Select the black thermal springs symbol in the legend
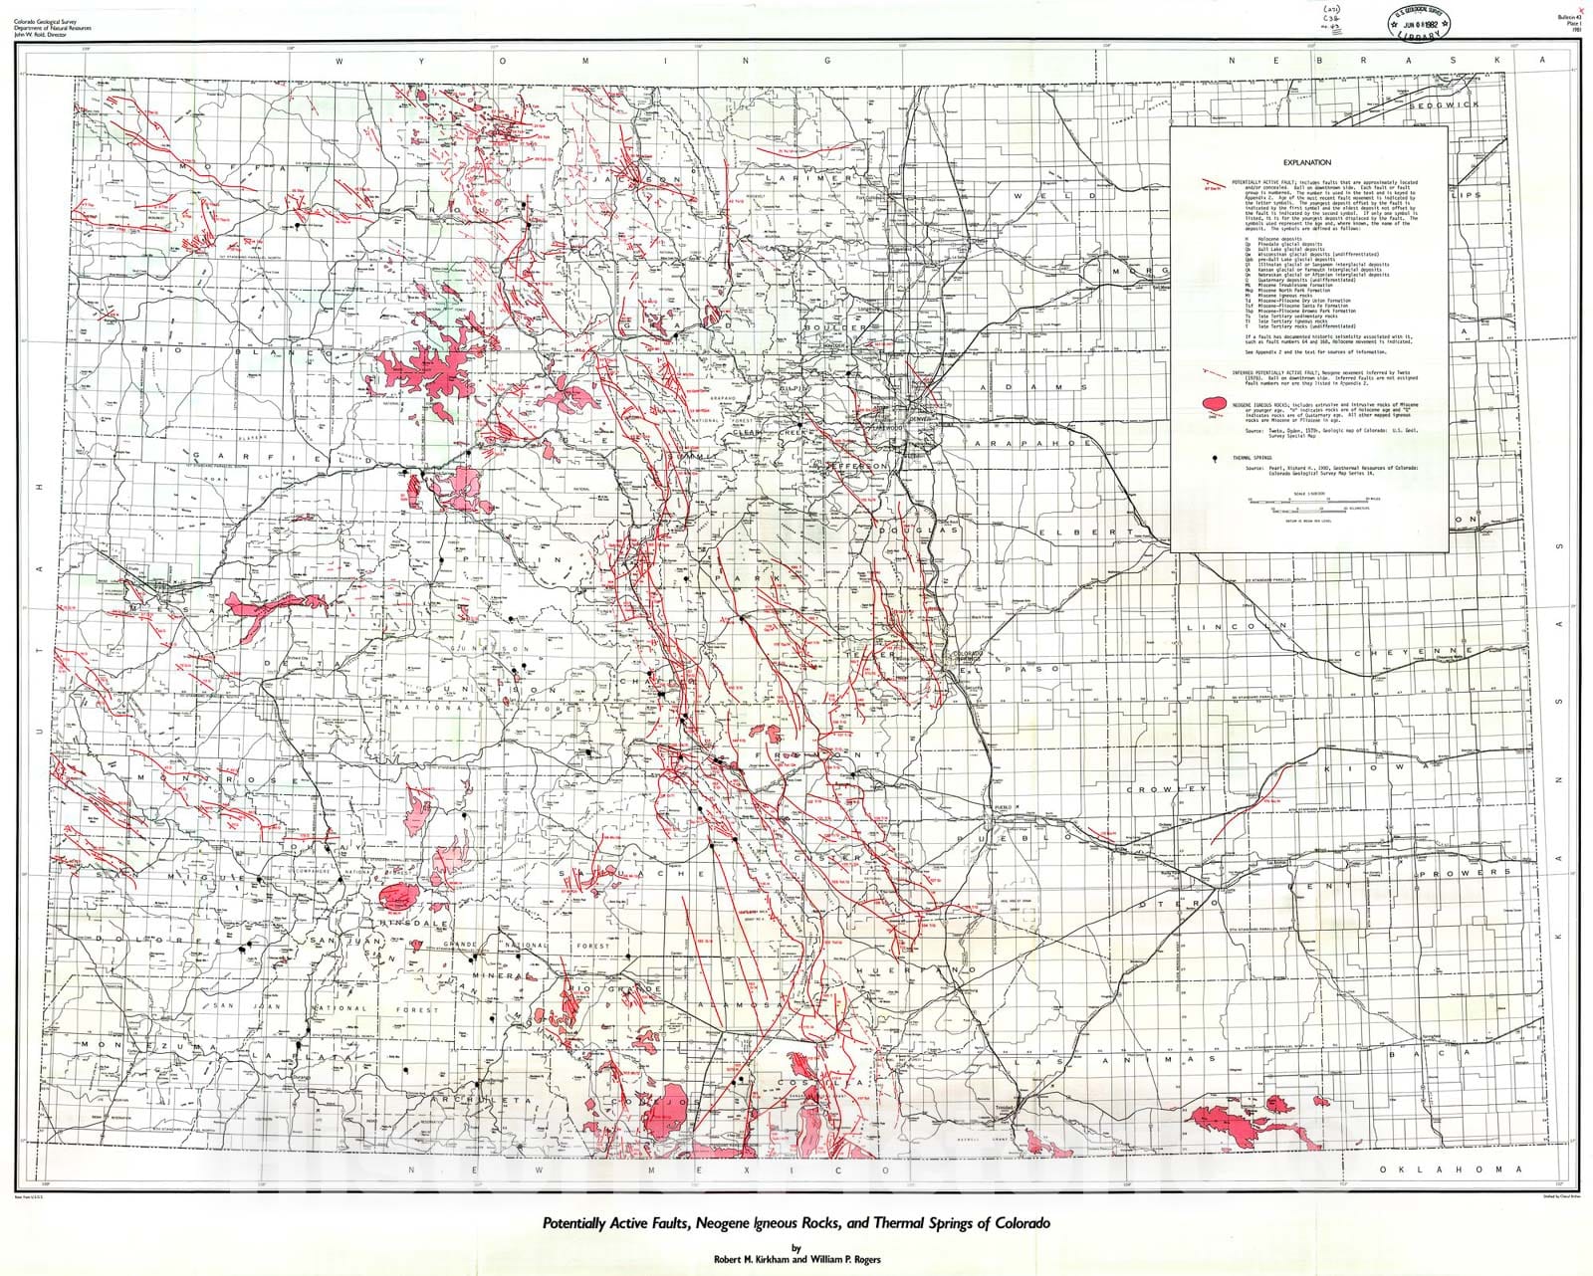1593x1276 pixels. coord(1215,459)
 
